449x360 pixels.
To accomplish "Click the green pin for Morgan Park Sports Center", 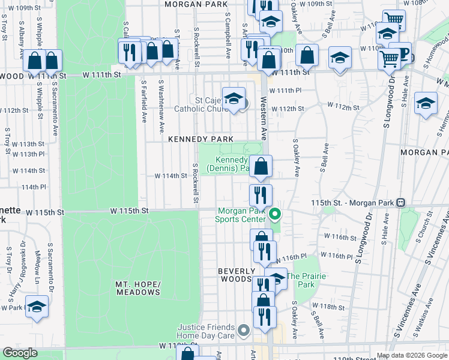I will pos(276,214).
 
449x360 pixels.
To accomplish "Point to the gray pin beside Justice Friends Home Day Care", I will pos(243,331).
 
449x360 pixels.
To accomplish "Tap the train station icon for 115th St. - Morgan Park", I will pos(400,203).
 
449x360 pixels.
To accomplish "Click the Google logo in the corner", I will pos(20,353).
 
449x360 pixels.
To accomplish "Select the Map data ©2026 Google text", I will pos(411,355).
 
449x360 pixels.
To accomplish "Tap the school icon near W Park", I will pos(37,307).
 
